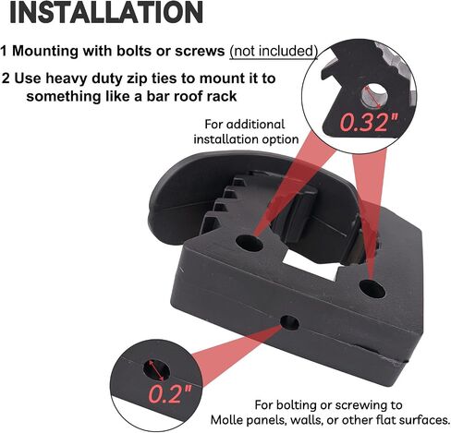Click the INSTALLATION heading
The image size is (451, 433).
click(x=106, y=12)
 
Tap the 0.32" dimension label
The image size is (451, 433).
click(x=369, y=122)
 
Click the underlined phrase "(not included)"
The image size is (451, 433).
click(x=274, y=51)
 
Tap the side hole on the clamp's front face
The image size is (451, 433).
click(x=290, y=323)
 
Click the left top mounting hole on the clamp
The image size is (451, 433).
click(x=249, y=243)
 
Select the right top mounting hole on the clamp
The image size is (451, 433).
click(x=372, y=288)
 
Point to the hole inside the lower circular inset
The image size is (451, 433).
click(x=156, y=369)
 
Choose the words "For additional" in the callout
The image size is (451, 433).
click(x=245, y=125)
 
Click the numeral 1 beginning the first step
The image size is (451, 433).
click(x=4, y=51)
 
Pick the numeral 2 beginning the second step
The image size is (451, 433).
click(x=6, y=78)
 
